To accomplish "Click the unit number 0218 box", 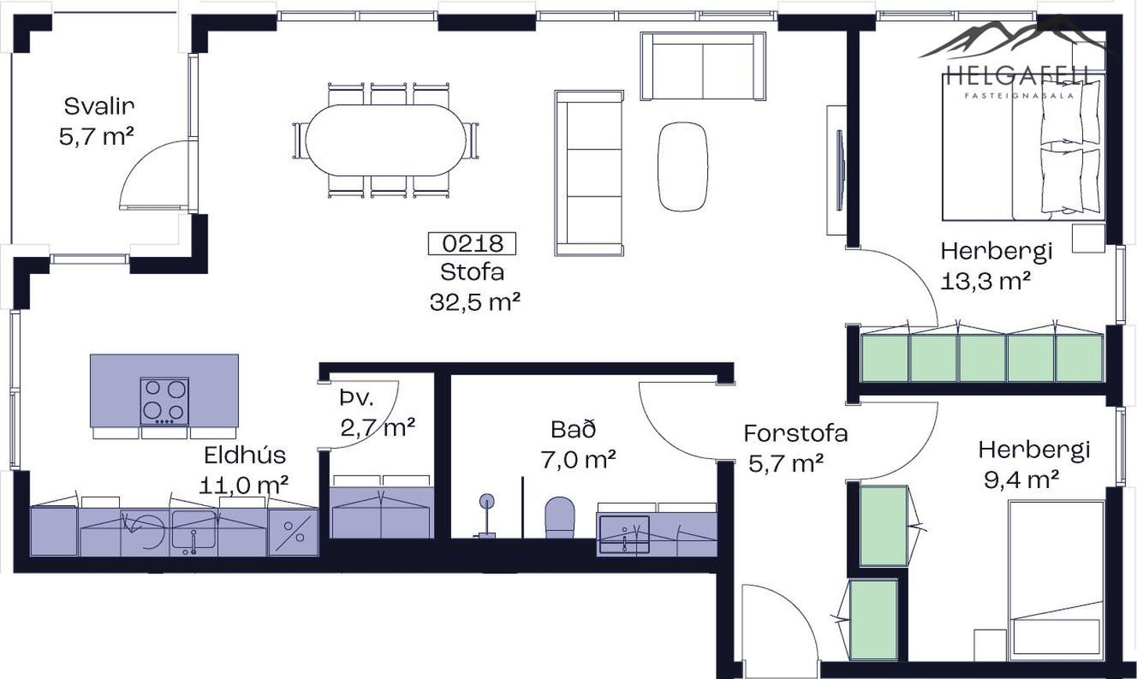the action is tap(471, 244).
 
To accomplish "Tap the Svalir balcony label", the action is tap(99, 107).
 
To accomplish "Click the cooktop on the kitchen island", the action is tap(164, 401).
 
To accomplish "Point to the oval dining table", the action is tap(386, 140).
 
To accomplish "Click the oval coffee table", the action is tap(682, 167).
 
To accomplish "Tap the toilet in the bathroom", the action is tap(559, 517).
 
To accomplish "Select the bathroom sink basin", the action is tap(624, 534).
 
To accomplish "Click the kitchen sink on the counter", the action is tap(193, 530).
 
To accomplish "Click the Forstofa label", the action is tap(796, 433).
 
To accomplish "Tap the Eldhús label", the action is tap(244, 455).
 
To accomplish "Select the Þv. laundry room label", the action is tap(357, 399).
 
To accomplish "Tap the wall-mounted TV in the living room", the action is tap(840, 170).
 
